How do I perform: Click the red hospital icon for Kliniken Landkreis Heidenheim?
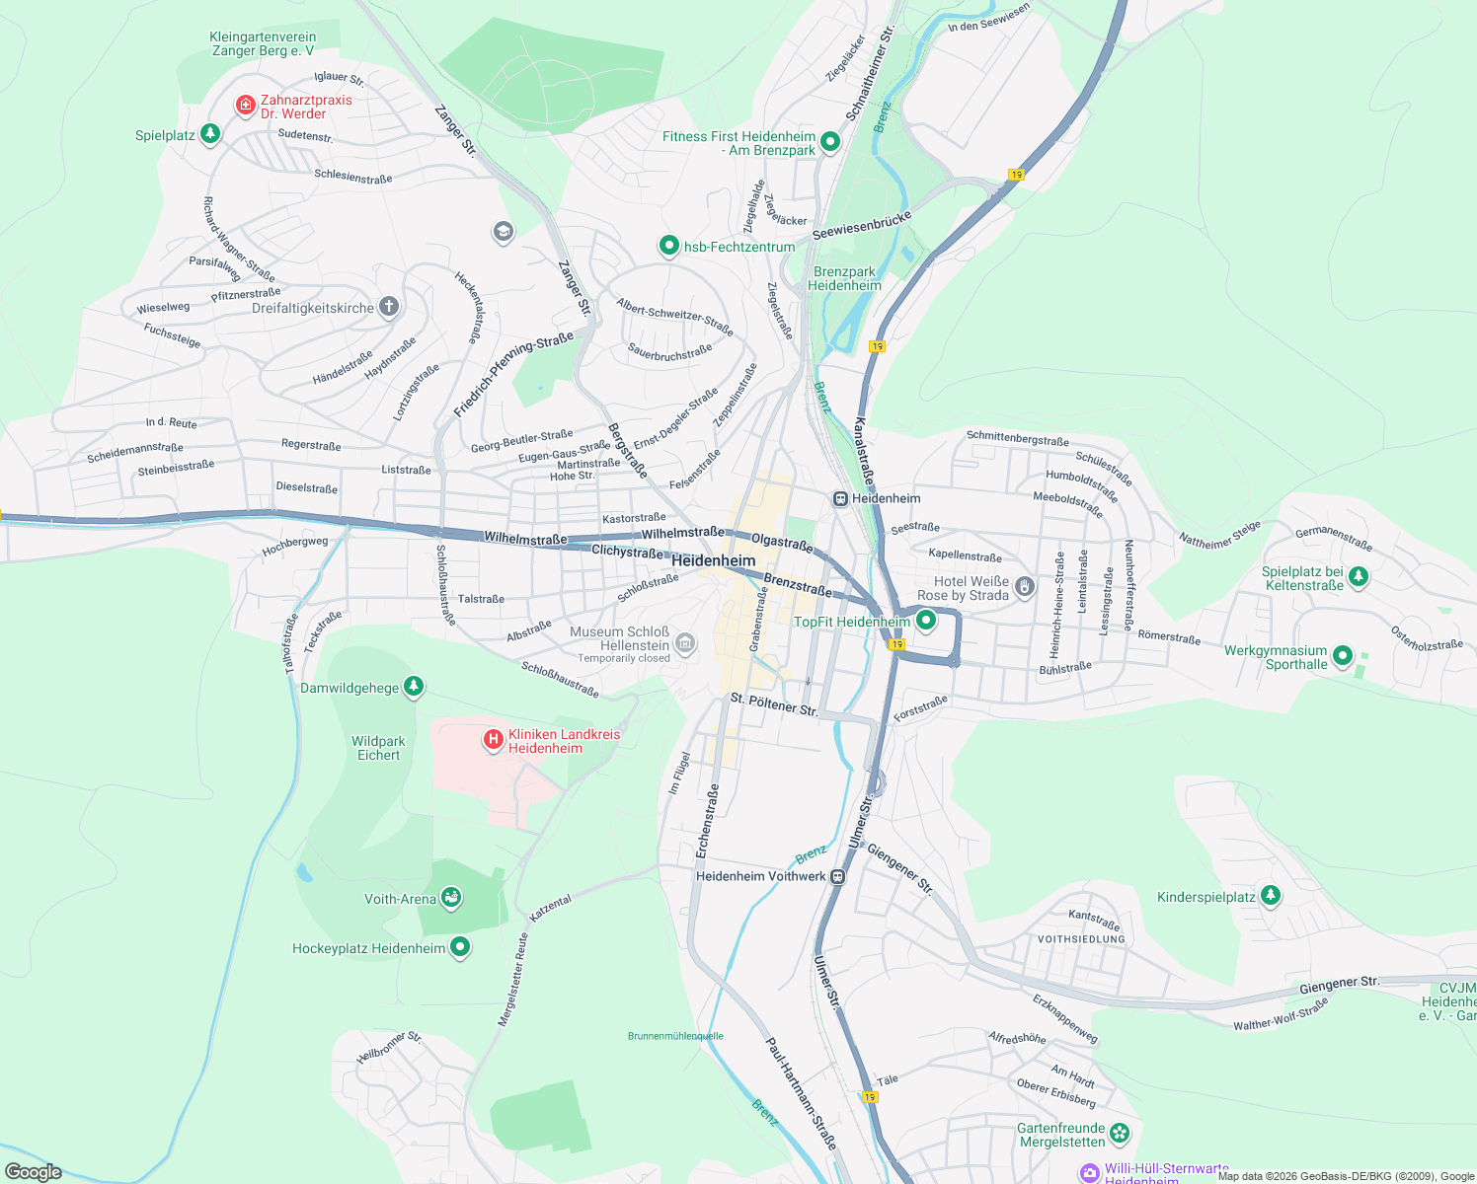(494, 739)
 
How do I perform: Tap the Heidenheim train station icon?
(840, 498)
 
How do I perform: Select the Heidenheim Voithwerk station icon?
(837, 876)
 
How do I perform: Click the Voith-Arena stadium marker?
(451, 898)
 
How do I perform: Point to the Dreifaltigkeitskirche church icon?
(389, 307)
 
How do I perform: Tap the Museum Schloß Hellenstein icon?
(685, 644)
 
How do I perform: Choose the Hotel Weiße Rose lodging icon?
(1025, 588)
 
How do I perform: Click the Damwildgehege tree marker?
(414, 687)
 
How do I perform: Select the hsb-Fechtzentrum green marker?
(669, 246)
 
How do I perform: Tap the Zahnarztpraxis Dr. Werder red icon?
(245, 105)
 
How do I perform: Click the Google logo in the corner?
(33, 1171)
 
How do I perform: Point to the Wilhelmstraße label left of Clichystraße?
(525, 538)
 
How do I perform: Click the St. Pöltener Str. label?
(773, 703)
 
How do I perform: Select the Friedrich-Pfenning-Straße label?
(513, 375)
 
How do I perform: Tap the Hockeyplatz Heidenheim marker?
(460, 947)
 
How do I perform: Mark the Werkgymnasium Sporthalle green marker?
(1342, 655)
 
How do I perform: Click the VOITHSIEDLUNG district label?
(1081, 939)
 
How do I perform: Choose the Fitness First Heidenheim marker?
(830, 142)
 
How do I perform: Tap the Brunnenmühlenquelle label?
(675, 1036)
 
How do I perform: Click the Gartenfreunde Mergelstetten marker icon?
(1119, 1133)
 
